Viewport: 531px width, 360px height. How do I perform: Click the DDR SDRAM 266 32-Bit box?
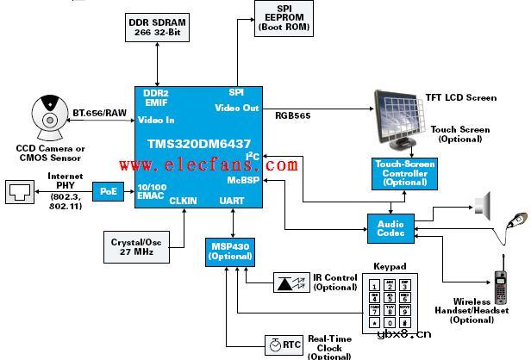pyautogui.click(x=158, y=27)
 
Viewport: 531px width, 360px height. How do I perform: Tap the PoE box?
pyautogui.click(x=108, y=190)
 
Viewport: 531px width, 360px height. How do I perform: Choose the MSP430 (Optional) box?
pyautogui.click(x=227, y=227)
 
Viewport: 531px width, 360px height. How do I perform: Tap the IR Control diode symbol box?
pyautogui.click(x=290, y=282)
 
